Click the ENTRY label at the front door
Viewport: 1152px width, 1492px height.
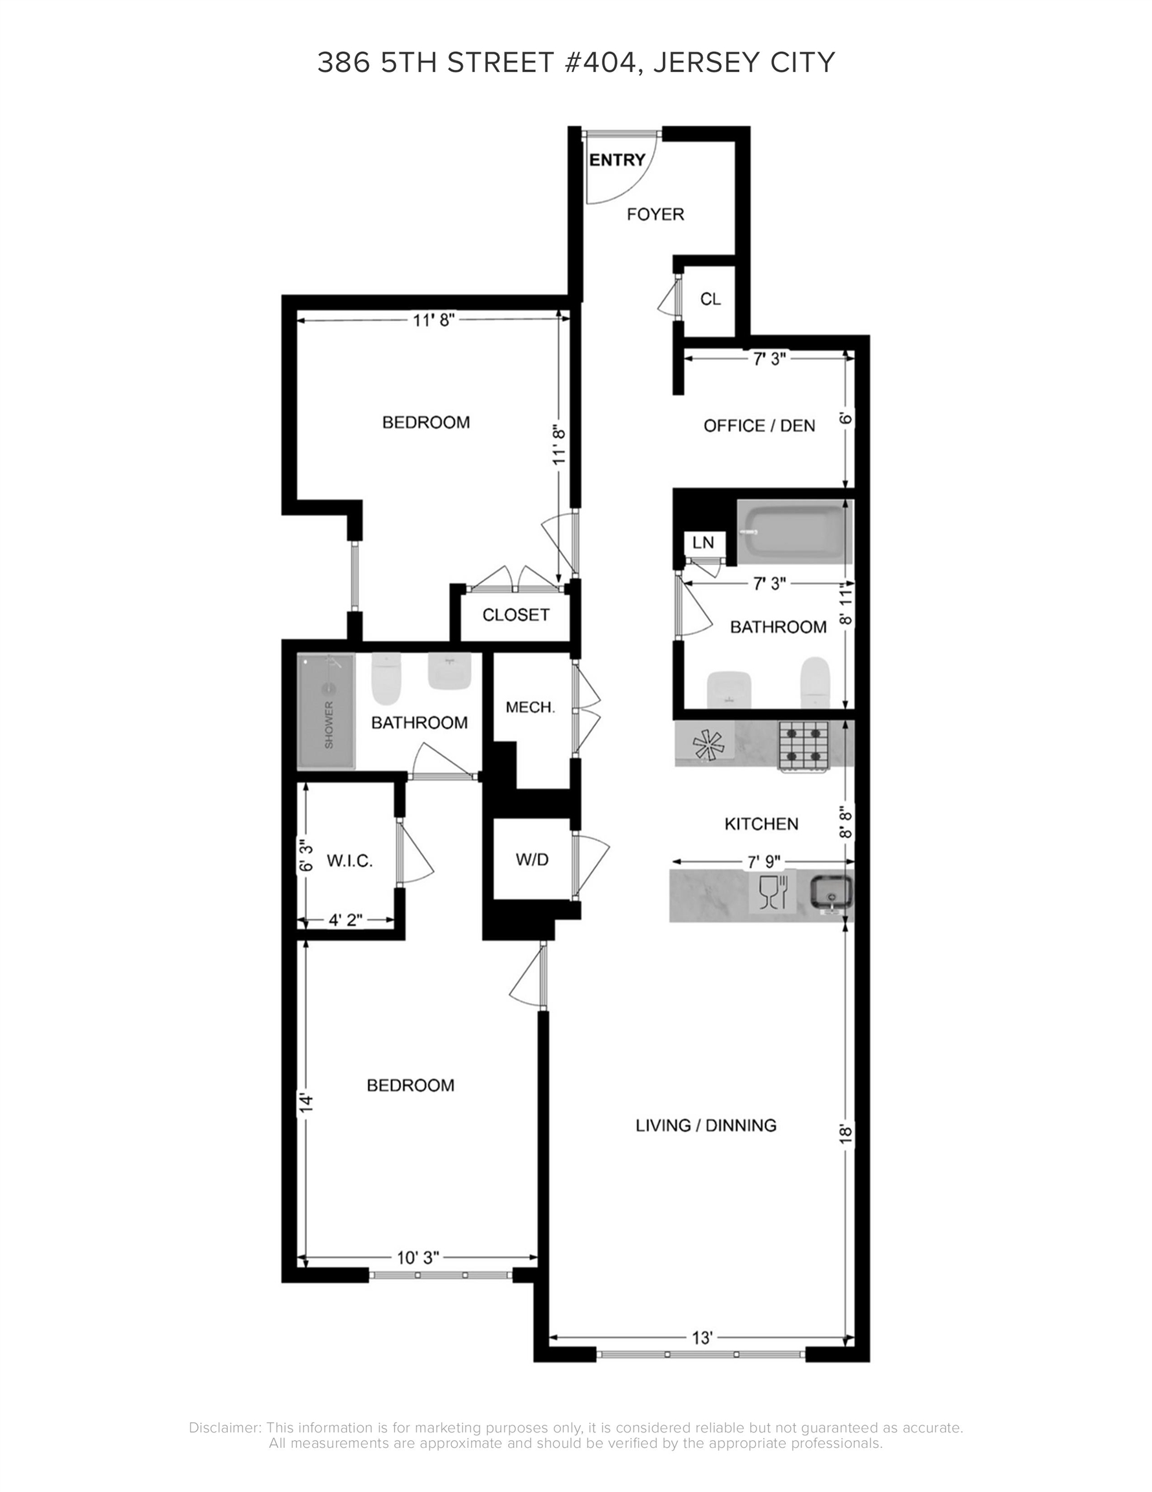(617, 160)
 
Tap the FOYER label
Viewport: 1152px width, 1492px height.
(655, 214)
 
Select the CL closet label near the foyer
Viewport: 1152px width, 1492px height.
(710, 299)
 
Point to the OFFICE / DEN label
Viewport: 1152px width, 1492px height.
(759, 426)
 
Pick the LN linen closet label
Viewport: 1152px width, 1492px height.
(703, 543)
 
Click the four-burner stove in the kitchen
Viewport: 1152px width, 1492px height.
(803, 745)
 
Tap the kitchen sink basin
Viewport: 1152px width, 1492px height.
(830, 892)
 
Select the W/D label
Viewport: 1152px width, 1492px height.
(532, 859)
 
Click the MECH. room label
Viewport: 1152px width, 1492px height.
(531, 708)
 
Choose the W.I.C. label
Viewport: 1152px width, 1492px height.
(349, 861)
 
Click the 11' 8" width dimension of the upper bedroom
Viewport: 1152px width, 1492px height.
(434, 320)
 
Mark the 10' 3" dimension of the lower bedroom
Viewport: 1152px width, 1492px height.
(418, 1258)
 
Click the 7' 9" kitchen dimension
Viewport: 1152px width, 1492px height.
(764, 862)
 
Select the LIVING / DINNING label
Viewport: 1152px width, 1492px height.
(706, 1125)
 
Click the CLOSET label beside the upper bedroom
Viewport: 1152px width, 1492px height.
(516, 615)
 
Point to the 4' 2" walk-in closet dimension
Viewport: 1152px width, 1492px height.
(346, 920)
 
